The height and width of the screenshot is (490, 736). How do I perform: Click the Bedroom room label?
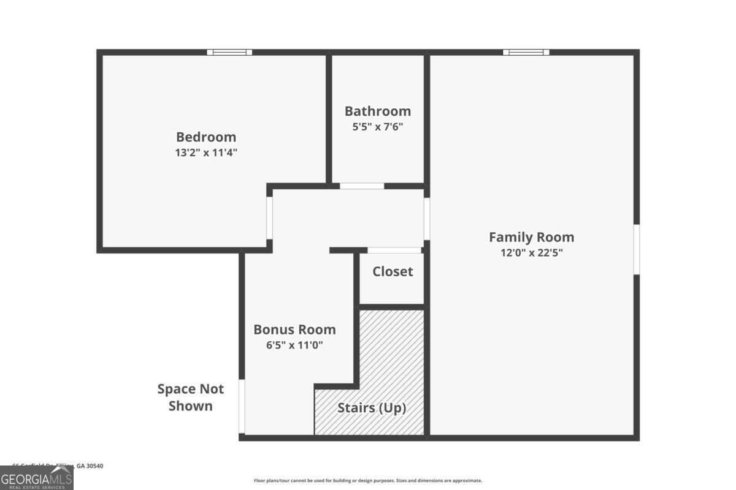206,137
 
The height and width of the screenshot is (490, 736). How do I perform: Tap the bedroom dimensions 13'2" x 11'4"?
206,153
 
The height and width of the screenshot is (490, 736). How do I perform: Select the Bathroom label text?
378,111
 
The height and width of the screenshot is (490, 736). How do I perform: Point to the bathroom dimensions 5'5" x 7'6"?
378,127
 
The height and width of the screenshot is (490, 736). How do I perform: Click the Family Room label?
532,237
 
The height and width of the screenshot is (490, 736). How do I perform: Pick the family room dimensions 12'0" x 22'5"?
532,252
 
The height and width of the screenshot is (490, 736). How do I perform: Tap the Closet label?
393,271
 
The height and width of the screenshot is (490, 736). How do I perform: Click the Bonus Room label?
295,330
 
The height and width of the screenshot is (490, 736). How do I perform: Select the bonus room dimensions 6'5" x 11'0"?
295,345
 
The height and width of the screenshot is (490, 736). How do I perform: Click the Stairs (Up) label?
372,408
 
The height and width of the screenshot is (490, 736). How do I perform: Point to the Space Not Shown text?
191,397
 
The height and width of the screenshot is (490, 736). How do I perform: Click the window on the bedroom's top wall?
229,52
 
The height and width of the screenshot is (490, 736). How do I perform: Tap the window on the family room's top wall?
526,52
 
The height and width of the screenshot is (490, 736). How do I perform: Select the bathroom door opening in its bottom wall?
362,186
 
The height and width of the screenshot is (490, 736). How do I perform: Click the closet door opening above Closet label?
394,250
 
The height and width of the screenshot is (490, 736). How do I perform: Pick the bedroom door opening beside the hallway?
269,217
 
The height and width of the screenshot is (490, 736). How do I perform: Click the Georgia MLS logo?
37,478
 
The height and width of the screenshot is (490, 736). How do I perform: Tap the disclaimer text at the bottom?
368,481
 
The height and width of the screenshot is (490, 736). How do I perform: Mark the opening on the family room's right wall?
637,249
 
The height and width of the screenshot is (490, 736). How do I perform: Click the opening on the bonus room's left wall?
242,407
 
